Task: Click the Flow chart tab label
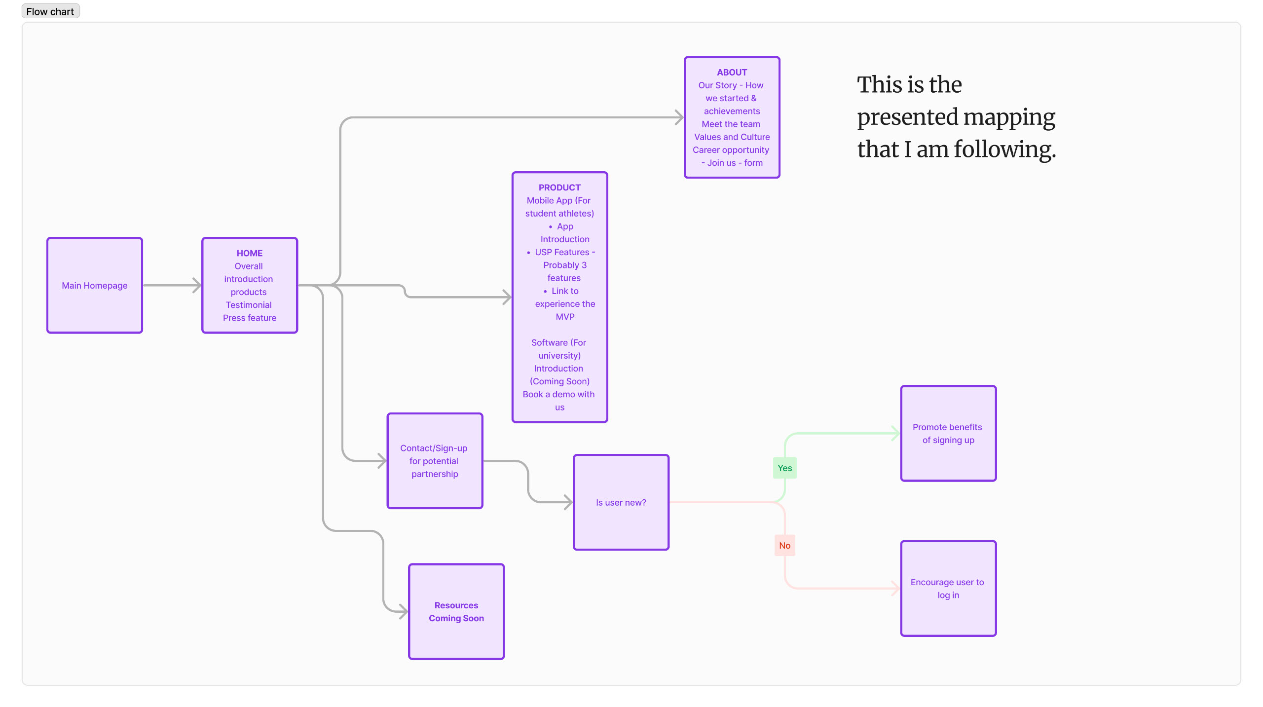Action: pyautogui.click(x=50, y=11)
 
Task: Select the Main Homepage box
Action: pyautogui.click(x=95, y=285)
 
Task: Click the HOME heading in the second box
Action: pyautogui.click(x=249, y=253)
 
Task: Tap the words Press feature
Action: pyautogui.click(x=249, y=318)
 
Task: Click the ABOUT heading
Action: pyautogui.click(x=732, y=72)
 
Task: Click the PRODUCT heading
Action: pyautogui.click(x=559, y=187)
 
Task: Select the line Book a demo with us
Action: pyautogui.click(x=558, y=394)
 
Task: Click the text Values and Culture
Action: pyautogui.click(x=732, y=137)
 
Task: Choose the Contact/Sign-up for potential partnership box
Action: pyautogui.click(x=435, y=461)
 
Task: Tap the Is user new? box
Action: pyautogui.click(x=621, y=502)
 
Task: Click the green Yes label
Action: pyautogui.click(x=784, y=468)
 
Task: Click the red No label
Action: pyautogui.click(x=784, y=545)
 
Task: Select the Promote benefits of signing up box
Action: pyautogui.click(x=948, y=433)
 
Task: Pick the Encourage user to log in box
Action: pyautogui.click(x=948, y=588)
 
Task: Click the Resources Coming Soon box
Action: pyautogui.click(x=456, y=611)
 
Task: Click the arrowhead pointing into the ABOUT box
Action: pyautogui.click(x=679, y=117)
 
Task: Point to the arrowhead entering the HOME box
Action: pyautogui.click(x=197, y=285)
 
